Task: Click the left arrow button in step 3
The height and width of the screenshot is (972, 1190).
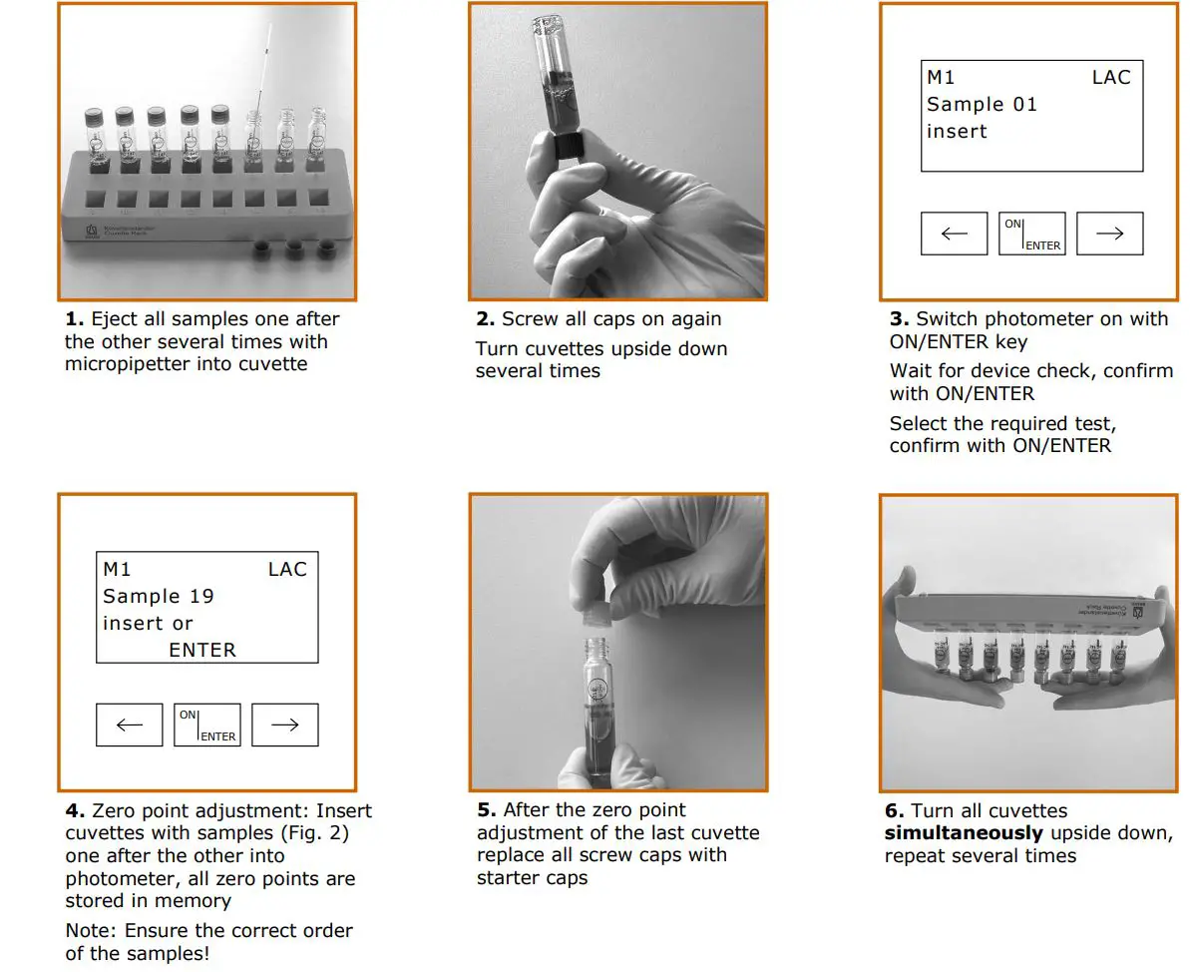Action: (x=954, y=234)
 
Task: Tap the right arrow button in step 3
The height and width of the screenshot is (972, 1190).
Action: (x=1109, y=234)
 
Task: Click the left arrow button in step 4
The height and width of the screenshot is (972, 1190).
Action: (x=130, y=726)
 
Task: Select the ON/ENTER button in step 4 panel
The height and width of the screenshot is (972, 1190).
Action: (x=207, y=726)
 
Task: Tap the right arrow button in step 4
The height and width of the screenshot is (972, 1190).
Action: (x=284, y=726)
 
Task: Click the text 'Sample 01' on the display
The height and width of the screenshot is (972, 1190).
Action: (x=982, y=105)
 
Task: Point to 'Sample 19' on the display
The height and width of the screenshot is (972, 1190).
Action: (x=159, y=597)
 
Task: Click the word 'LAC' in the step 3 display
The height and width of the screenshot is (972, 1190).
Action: (x=1111, y=78)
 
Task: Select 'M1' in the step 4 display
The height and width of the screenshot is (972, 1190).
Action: (x=117, y=570)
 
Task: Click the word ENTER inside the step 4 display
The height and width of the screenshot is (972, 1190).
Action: (x=202, y=651)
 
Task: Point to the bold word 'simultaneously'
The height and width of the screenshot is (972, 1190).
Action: (x=964, y=833)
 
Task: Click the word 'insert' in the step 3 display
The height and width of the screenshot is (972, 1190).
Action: (x=957, y=132)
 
